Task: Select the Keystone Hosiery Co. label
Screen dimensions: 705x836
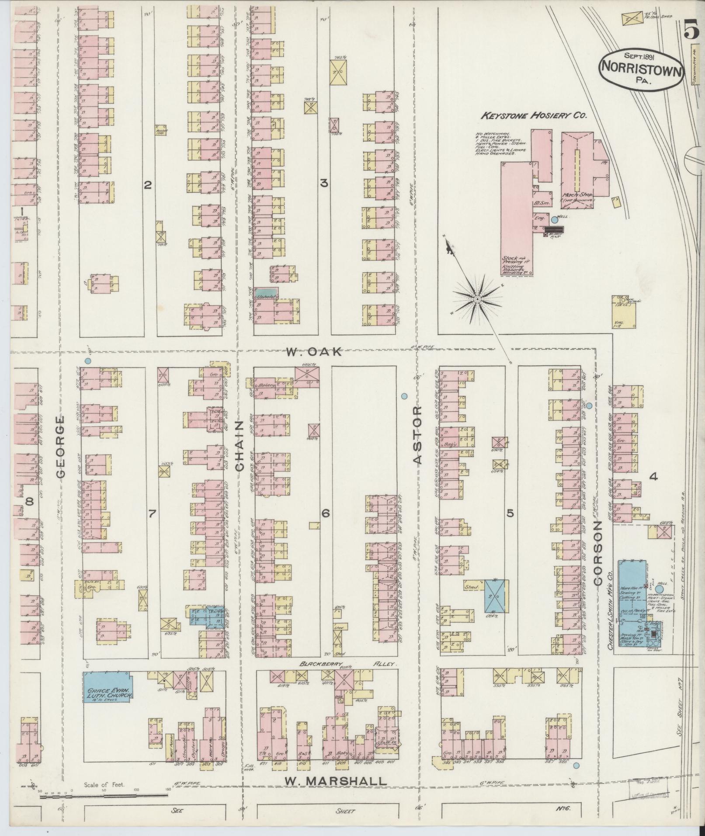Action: tap(534, 116)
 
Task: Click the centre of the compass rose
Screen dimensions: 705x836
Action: tap(477, 299)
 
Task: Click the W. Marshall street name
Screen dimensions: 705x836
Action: tap(335, 781)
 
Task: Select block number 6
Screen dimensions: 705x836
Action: tap(325, 514)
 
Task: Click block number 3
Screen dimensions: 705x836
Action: tap(324, 184)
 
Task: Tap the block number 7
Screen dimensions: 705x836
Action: tap(152, 514)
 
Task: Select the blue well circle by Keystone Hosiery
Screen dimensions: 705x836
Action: tap(554, 220)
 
